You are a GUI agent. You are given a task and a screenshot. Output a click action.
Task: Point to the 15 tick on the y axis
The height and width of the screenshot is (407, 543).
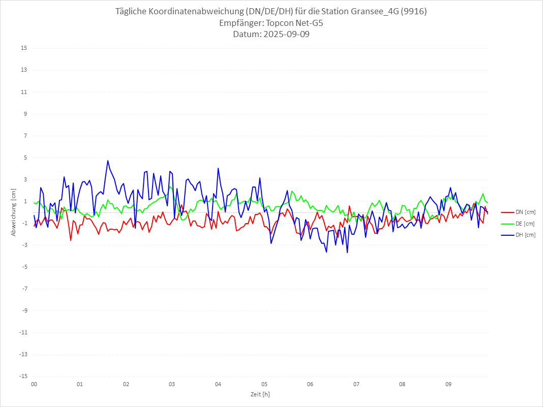click(x=24, y=48)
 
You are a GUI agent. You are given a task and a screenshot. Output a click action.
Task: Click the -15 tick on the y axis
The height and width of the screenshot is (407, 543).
click(x=23, y=376)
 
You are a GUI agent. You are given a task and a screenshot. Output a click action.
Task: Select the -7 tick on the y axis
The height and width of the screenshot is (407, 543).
click(x=24, y=289)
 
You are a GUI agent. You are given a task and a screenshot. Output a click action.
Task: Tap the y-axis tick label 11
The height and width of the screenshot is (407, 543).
click(x=24, y=92)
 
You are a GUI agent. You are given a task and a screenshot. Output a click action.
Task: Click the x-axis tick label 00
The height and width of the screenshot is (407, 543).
click(x=34, y=384)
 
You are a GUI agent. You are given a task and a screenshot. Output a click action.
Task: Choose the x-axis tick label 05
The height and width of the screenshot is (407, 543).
click(x=264, y=384)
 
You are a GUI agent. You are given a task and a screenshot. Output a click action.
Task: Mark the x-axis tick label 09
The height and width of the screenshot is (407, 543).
click(x=448, y=384)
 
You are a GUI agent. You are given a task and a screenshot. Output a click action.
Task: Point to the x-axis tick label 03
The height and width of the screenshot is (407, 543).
click(x=172, y=384)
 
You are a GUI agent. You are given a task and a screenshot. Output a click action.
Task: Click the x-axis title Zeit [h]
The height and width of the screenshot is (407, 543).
click(x=260, y=394)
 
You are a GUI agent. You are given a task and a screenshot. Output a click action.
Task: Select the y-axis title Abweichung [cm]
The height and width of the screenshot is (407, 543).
click(x=14, y=212)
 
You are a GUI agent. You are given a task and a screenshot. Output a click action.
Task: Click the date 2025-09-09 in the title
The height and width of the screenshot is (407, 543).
click(x=285, y=35)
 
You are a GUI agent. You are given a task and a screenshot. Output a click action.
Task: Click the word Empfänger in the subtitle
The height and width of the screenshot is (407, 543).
click(x=240, y=23)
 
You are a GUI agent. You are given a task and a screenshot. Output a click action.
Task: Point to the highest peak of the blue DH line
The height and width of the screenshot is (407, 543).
click(x=108, y=161)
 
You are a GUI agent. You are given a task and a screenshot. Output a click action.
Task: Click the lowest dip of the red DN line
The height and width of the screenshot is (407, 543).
click(x=71, y=240)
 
